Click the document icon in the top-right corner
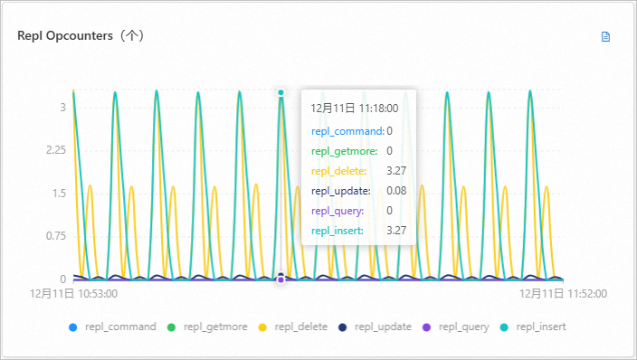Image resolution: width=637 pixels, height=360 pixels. tap(606, 37)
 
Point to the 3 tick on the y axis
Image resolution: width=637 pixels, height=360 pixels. tap(62, 107)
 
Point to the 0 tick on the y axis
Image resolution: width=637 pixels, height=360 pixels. tap(62, 279)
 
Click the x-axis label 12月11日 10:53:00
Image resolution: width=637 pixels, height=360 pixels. tap(73, 293)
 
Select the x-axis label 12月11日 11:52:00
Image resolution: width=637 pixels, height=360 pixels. tap(563, 293)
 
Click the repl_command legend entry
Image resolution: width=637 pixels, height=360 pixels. tap(112, 327)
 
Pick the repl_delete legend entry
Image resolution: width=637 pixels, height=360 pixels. tap(293, 327)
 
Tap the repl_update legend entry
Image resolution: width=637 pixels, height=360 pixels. tap(376, 327)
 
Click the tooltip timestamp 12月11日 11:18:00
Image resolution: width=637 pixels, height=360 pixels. tap(354, 108)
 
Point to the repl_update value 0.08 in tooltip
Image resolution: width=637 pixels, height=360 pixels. tap(396, 191)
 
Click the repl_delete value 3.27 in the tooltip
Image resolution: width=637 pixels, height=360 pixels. tap(395, 171)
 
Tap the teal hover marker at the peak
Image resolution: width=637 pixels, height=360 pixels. tap(281, 92)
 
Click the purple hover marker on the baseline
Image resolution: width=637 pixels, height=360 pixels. tap(280, 279)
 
